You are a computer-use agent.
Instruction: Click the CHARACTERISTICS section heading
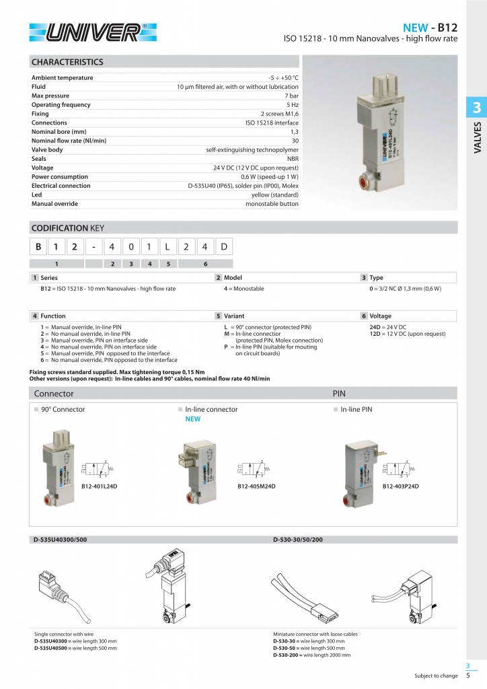coord(67,62)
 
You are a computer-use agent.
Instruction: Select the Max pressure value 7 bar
coord(291,96)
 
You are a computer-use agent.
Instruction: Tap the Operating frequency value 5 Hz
coord(292,105)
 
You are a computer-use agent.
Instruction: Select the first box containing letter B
coord(38,247)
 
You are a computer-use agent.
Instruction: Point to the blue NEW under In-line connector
coord(193,419)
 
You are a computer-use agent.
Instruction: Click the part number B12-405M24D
coord(256,485)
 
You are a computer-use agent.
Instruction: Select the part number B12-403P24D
coord(401,485)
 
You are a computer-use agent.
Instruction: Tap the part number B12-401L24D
coord(99,485)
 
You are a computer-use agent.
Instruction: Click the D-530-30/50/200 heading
coord(298,539)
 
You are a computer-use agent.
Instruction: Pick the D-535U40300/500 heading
coord(61,539)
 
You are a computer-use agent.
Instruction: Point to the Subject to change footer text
coord(436,676)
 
